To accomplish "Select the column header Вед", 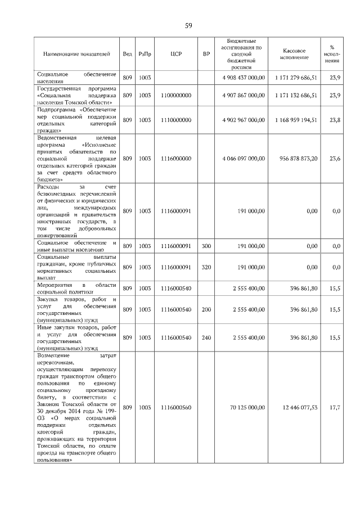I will pyautogui.click(x=127, y=54).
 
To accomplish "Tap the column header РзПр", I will pyautogui.click(x=145, y=54).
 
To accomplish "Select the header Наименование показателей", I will pyautogui.click(x=76, y=54).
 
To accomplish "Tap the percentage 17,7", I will pyautogui.click(x=336, y=407).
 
